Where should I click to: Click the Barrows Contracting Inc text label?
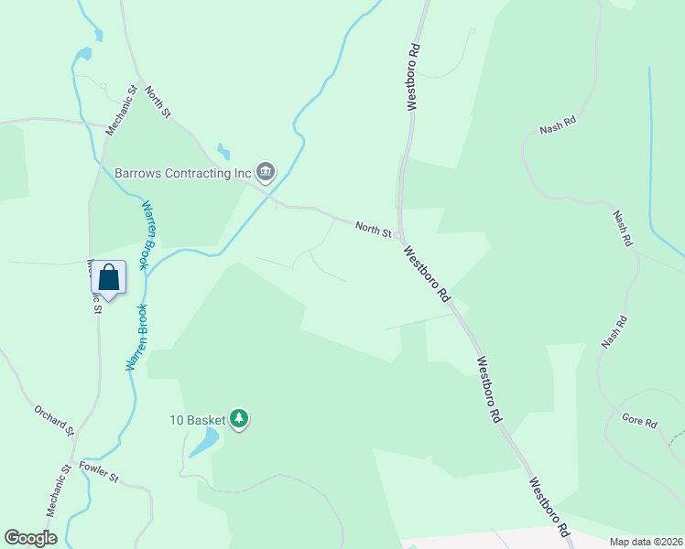(x=182, y=172)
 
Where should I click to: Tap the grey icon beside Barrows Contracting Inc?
(x=266, y=171)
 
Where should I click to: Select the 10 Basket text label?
(x=197, y=420)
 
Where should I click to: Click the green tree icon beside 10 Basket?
(x=240, y=419)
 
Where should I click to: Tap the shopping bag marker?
(x=108, y=278)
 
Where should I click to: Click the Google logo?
(x=30, y=538)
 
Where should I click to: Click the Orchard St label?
(x=54, y=419)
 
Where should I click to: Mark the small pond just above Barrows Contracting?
(x=223, y=150)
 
